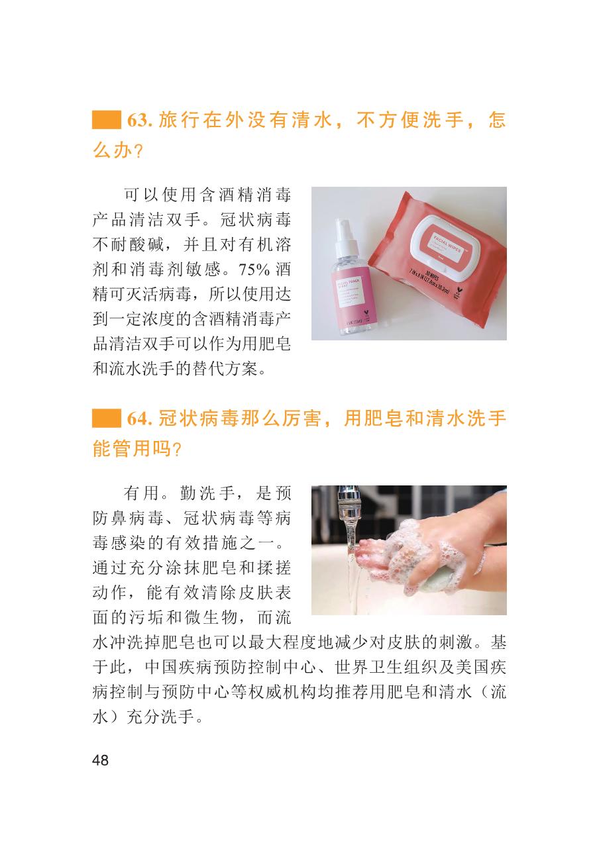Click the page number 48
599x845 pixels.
click(x=101, y=760)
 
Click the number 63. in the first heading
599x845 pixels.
click(x=140, y=121)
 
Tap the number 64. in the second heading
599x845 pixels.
click(x=140, y=419)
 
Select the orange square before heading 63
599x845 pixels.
click(x=107, y=121)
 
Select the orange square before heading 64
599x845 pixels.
click(x=107, y=419)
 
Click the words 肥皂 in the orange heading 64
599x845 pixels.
click(x=384, y=419)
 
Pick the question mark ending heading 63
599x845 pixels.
click(x=138, y=152)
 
